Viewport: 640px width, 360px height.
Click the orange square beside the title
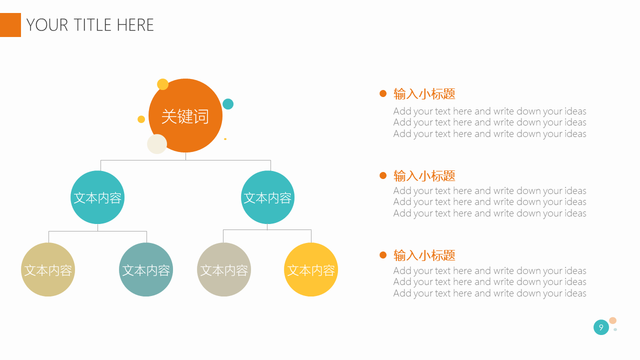[x=10, y=25]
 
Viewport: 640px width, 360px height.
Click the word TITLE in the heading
[x=92, y=25]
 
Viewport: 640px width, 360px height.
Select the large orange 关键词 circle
[x=185, y=115]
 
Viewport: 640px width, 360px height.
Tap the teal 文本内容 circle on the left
[x=97, y=197]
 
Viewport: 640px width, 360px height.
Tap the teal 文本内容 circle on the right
[x=267, y=197]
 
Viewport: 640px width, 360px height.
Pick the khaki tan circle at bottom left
[x=48, y=269]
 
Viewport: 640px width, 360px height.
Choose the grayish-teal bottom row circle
[x=146, y=269]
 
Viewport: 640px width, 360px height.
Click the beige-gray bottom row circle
[x=224, y=269]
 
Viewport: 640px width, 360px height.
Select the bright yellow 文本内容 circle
[x=311, y=269]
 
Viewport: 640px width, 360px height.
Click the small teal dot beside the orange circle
[x=228, y=104]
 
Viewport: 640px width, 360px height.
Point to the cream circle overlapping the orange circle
[x=157, y=144]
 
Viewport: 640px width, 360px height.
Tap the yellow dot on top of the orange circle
[x=163, y=84]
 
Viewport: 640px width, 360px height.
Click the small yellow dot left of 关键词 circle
[x=141, y=119]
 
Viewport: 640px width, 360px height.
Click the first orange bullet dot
[x=383, y=93]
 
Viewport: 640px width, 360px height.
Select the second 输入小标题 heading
[x=424, y=175]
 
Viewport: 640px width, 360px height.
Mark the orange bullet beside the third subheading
[x=383, y=255]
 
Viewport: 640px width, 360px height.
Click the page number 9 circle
[x=601, y=327]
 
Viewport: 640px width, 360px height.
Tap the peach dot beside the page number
[x=613, y=320]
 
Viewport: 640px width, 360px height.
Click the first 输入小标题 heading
[x=424, y=93]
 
